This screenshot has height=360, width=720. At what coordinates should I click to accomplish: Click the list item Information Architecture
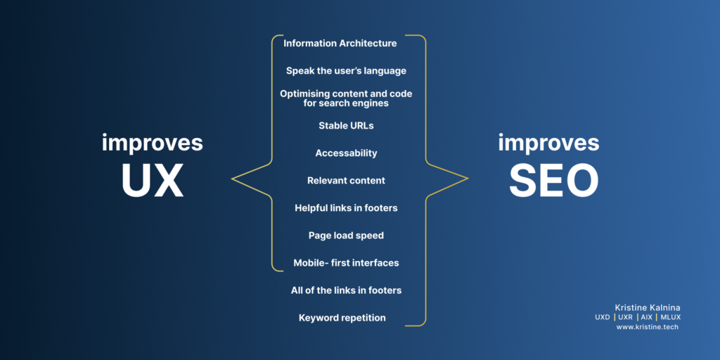340,44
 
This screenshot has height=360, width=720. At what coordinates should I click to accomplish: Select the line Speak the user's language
346,71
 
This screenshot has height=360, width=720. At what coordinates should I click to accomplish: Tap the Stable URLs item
346,126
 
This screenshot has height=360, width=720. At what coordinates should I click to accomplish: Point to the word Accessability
346,153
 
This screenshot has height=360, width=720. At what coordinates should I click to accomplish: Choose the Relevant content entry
346,181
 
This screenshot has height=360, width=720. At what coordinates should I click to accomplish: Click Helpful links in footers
346,208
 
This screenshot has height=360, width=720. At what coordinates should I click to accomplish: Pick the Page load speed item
346,236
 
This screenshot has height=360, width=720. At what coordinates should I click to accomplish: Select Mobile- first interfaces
346,263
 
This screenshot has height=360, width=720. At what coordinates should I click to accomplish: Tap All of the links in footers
346,290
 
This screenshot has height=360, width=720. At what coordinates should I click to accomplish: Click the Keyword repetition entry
342,318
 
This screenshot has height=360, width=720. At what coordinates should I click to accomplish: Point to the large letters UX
152,180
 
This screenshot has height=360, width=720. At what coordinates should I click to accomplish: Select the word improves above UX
152,143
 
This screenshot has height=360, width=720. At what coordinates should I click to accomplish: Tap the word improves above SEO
548,143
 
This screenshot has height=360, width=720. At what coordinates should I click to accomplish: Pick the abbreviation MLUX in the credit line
668,317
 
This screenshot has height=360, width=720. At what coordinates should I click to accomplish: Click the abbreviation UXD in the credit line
603,317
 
